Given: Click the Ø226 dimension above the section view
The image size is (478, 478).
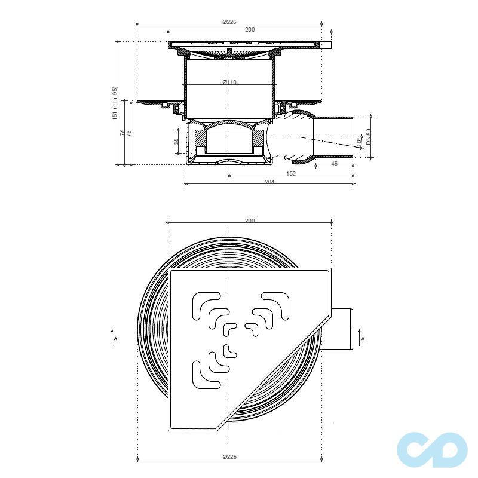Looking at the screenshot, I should coord(229,22).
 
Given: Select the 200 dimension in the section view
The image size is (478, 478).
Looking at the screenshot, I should coord(250,29).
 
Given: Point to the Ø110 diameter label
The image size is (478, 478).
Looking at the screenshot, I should coord(229,82).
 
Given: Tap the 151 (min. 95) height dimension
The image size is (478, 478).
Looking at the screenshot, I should coord(115,103).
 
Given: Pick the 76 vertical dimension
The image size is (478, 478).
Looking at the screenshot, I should coord(130,133).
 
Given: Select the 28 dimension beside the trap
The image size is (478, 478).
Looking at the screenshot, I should coord(177,140).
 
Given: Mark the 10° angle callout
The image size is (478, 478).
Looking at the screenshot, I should coord(358,142).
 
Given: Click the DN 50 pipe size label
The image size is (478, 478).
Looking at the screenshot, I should coord(369,136).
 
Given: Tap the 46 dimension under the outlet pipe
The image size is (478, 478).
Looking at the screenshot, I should coord(334,163).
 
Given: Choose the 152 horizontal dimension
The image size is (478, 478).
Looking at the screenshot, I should coord(290,173).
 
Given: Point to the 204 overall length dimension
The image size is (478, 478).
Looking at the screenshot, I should coord(269,182).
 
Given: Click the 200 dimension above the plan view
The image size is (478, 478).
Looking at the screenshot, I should coord(250,220).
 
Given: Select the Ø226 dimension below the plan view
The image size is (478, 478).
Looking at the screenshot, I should coord(229,457).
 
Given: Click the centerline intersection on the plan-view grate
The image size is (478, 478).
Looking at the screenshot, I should coord(229,328).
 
